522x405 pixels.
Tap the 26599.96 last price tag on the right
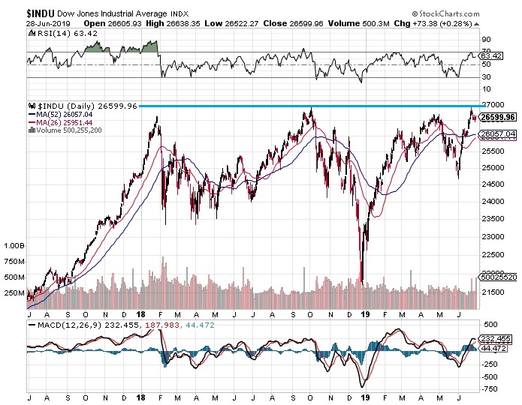[x=498, y=118]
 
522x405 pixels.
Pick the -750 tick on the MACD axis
[x=489, y=388]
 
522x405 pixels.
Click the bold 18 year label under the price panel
[x=140, y=316]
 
